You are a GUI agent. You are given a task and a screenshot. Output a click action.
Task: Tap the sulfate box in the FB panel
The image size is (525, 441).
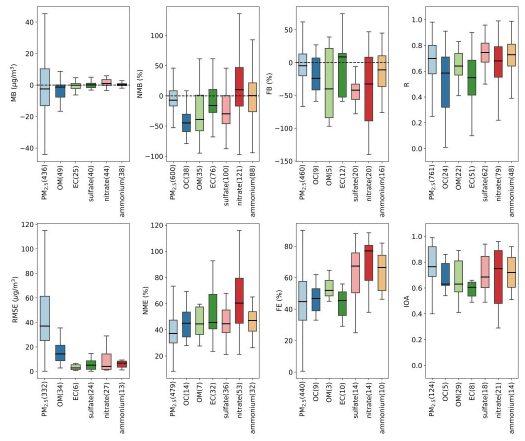[355, 91]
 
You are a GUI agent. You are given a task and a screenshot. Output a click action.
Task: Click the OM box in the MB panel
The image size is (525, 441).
[60, 90]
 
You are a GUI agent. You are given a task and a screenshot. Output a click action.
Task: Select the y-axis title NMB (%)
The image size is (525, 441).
[142, 84]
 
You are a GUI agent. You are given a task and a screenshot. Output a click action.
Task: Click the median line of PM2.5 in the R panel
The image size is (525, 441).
[431, 58]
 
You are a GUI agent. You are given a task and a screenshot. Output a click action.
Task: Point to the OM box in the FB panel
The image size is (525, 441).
[328, 83]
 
